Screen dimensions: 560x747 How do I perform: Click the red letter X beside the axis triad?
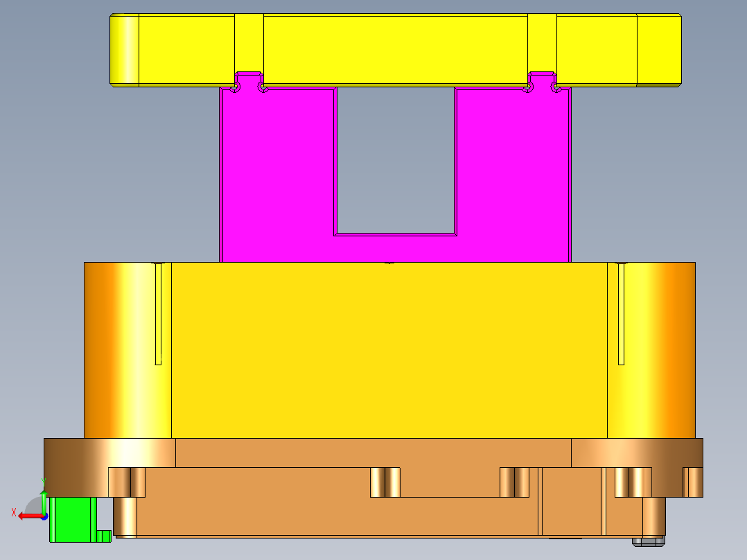[x=14, y=513]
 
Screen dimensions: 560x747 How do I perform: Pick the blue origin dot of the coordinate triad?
[x=44, y=516]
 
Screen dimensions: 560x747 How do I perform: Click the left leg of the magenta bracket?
[x=277, y=166]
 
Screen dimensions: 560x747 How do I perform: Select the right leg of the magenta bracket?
[x=513, y=166]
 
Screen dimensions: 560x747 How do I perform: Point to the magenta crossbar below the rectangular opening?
[x=395, y=248]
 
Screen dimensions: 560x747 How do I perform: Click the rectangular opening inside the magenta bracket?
[x=396, y=159]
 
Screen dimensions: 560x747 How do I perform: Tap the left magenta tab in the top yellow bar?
[x=249, y=78]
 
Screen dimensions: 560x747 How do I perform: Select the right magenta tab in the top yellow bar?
[x=542, y=78]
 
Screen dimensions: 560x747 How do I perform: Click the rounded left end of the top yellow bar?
[x=124, y=50]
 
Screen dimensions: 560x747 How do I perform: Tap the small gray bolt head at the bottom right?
[x=648, y=540]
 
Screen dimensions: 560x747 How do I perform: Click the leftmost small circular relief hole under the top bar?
[x=236, y=88]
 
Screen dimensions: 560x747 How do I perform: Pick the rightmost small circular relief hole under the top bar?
[x=556, y=87]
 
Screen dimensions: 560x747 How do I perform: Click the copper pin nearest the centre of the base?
[x=385, y=482]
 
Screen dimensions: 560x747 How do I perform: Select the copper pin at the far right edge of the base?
[x=692, y=482]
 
